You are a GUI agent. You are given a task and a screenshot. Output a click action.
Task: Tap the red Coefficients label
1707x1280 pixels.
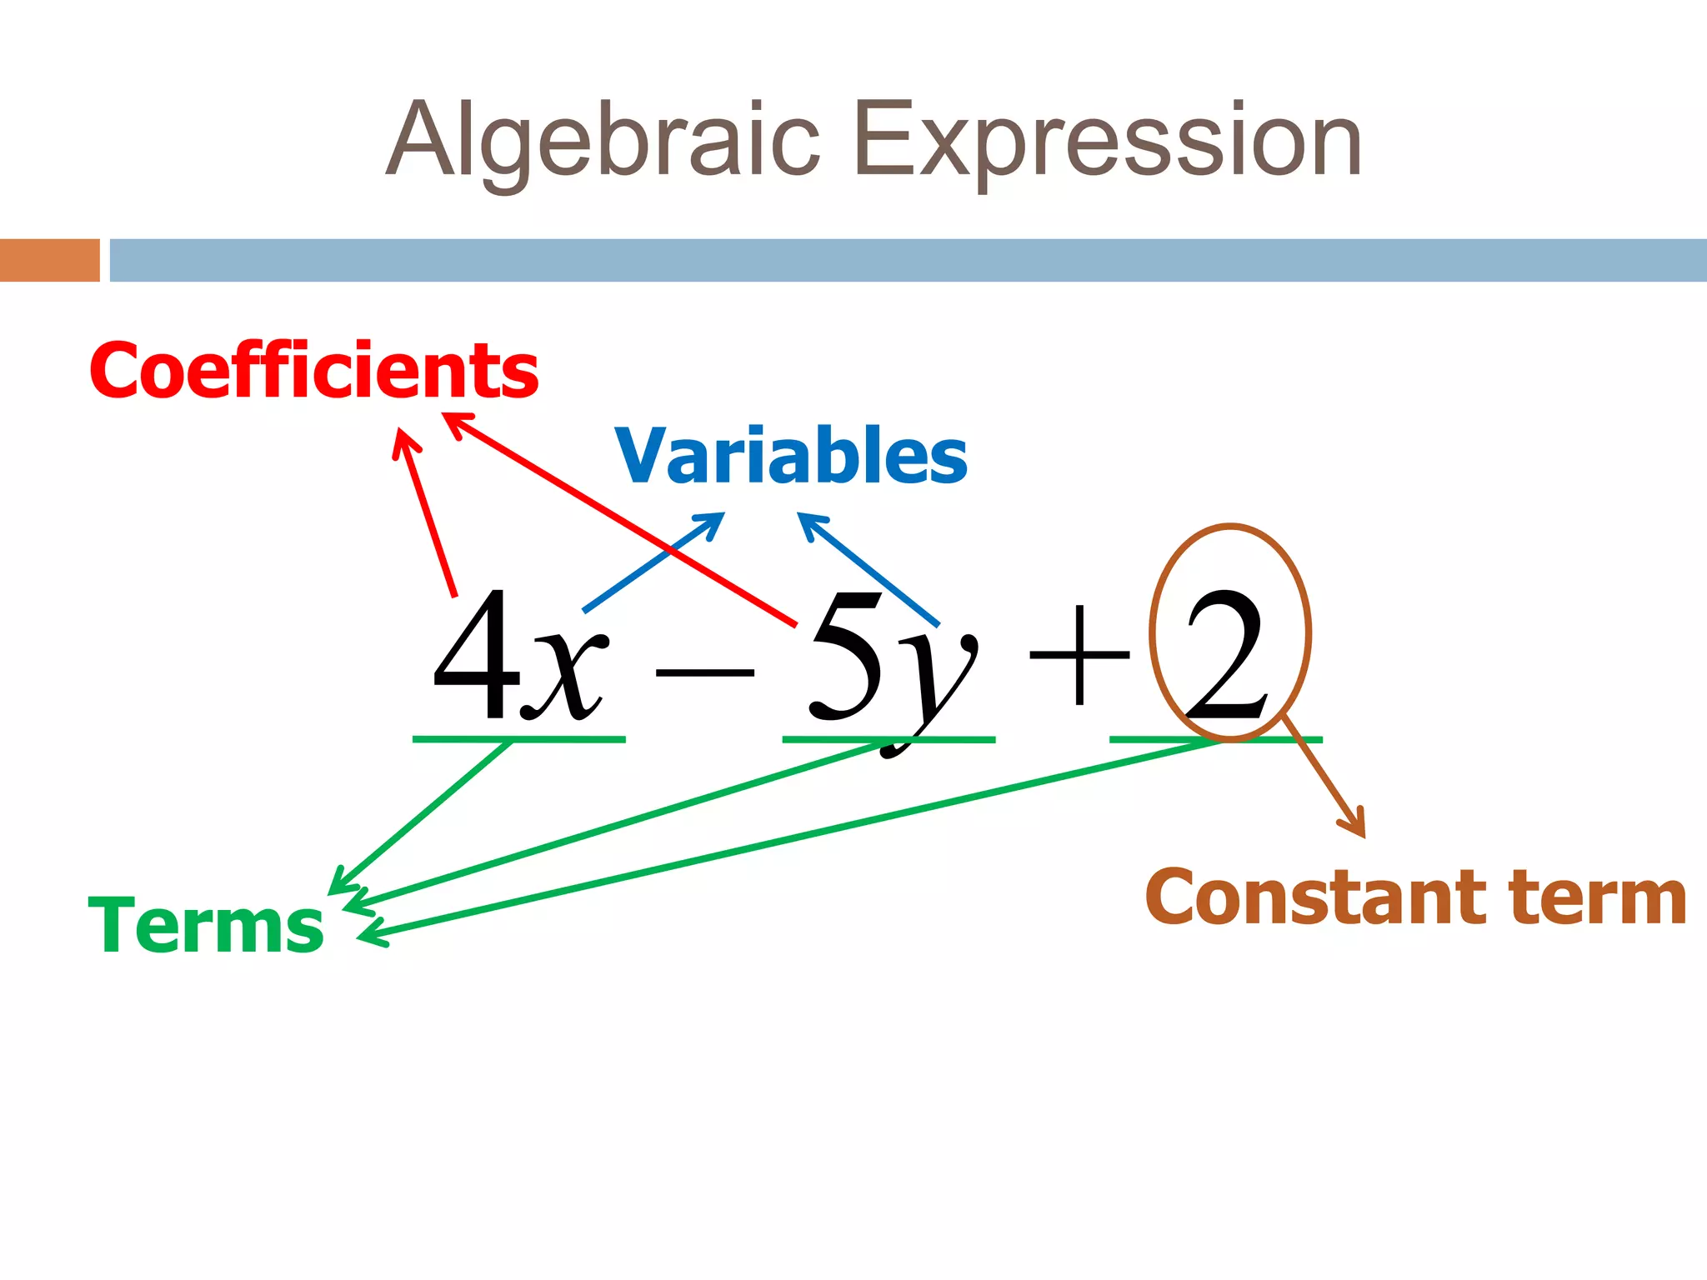[314, 371]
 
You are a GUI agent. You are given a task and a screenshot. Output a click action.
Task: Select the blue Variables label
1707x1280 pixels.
[791, 456]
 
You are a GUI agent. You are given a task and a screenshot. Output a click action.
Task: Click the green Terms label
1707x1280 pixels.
[206, 926]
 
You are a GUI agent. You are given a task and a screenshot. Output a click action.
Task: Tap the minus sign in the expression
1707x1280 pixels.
[704, 672]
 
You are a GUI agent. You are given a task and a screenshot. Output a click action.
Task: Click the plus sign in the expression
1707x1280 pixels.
[1079, 655]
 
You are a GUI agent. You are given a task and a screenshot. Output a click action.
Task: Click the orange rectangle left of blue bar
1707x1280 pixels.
[50, 260]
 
